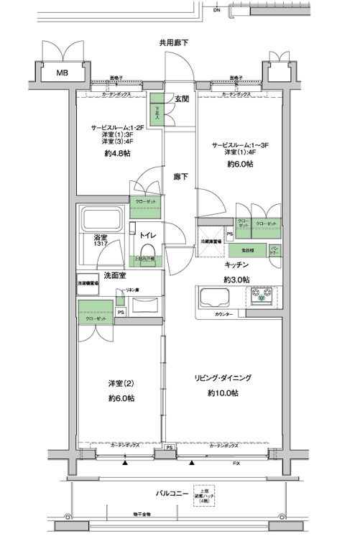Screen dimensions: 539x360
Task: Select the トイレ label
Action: tap(149, 235)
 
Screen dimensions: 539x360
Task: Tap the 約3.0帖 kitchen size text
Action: tap(236, 279)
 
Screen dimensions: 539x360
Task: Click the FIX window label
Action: tap(236, 464)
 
